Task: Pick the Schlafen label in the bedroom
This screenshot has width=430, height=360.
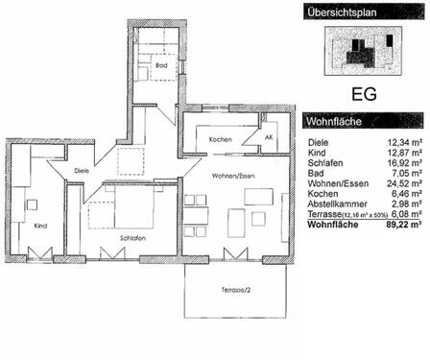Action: pos(132,237)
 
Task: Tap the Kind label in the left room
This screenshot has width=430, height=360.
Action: pos(39,227)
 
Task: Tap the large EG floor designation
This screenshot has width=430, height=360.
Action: pos(364,95)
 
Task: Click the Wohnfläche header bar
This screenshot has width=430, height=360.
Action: pos(364,123)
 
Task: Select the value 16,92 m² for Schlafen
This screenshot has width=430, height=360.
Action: pos(403,163)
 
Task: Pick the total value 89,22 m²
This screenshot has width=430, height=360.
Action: pos(402,226)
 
